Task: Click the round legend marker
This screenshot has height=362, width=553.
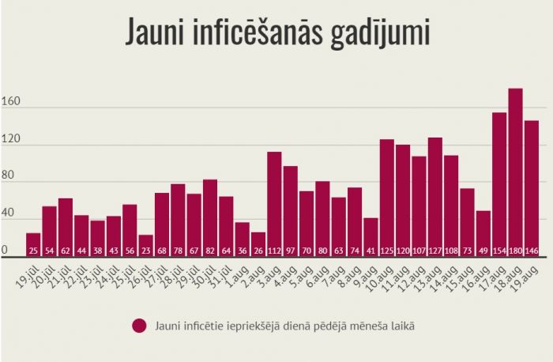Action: point(140,325)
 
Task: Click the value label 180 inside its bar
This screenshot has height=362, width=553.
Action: point(515,251)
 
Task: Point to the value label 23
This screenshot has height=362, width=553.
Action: point(145,251)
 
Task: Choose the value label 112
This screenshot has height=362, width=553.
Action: point(274,251)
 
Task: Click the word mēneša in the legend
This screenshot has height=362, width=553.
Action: point(363,325)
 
